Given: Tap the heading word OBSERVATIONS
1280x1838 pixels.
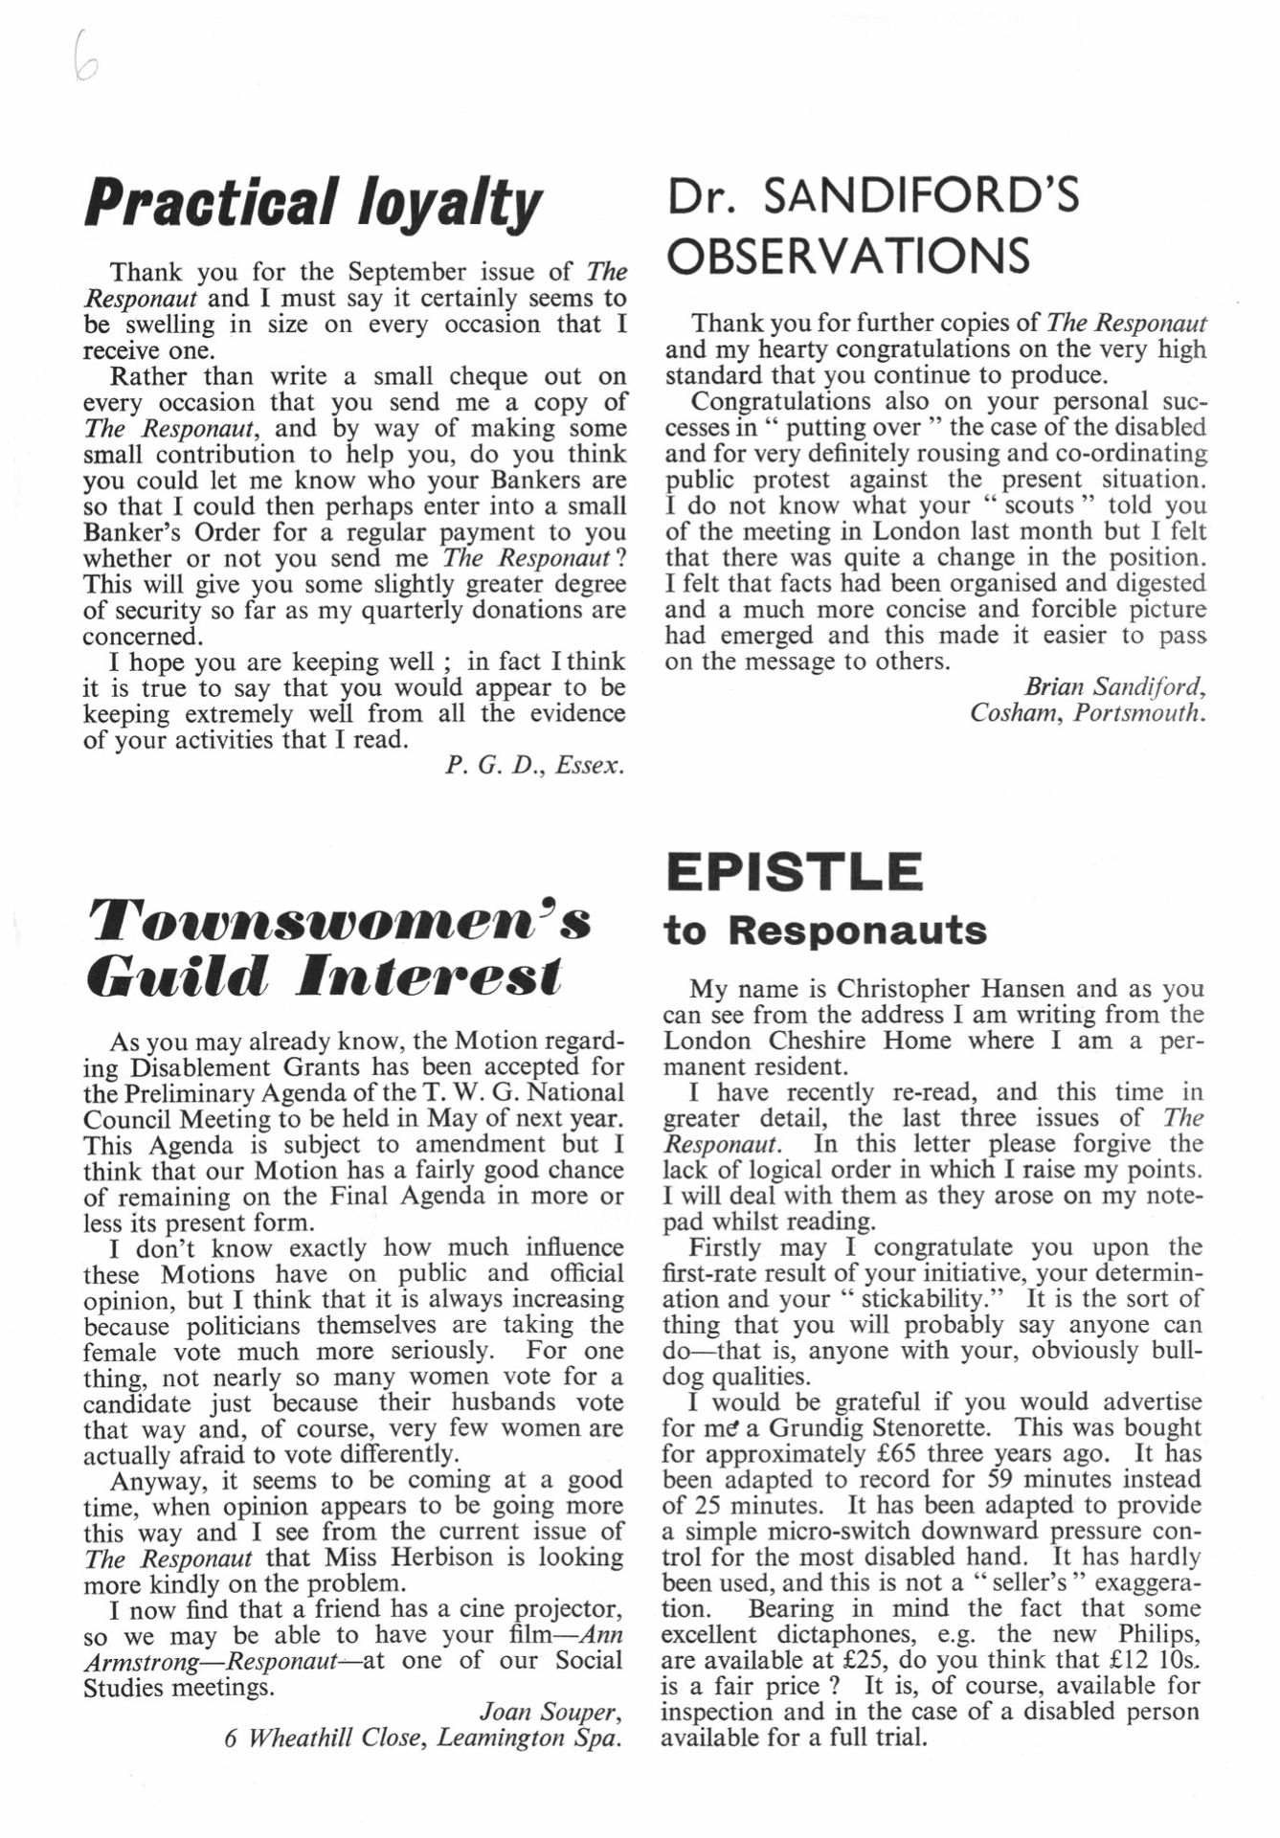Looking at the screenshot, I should [x=848, y=257].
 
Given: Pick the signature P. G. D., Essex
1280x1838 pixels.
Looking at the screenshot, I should [x=534, y=766].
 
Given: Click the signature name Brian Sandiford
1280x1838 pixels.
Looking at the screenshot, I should [x=1114, y=687].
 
